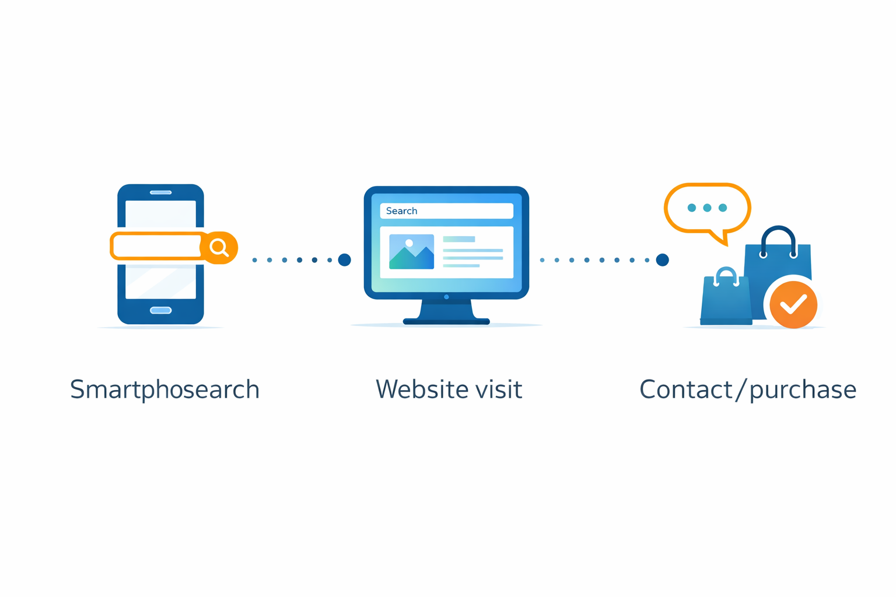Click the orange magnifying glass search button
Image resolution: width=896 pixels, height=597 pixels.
click(219, 247)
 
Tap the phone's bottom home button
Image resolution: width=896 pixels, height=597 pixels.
click(160, 310)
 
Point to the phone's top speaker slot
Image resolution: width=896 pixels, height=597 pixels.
click(160, 192)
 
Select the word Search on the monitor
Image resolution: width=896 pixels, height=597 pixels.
click(401, 211)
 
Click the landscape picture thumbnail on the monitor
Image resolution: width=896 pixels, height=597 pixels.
click(411, 252)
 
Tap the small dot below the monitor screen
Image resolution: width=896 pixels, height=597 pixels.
click(446, 297)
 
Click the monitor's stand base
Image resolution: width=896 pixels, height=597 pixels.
click(446, 321)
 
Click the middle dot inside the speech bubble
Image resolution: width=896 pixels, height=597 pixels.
click(707, 208)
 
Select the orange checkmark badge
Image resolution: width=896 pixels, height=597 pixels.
click(793, 304)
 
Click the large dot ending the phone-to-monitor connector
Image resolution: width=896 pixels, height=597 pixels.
click(345, 260)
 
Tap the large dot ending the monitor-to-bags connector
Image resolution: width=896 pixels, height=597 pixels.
click(662, 260)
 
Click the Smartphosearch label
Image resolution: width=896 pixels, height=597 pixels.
click(164, 389)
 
